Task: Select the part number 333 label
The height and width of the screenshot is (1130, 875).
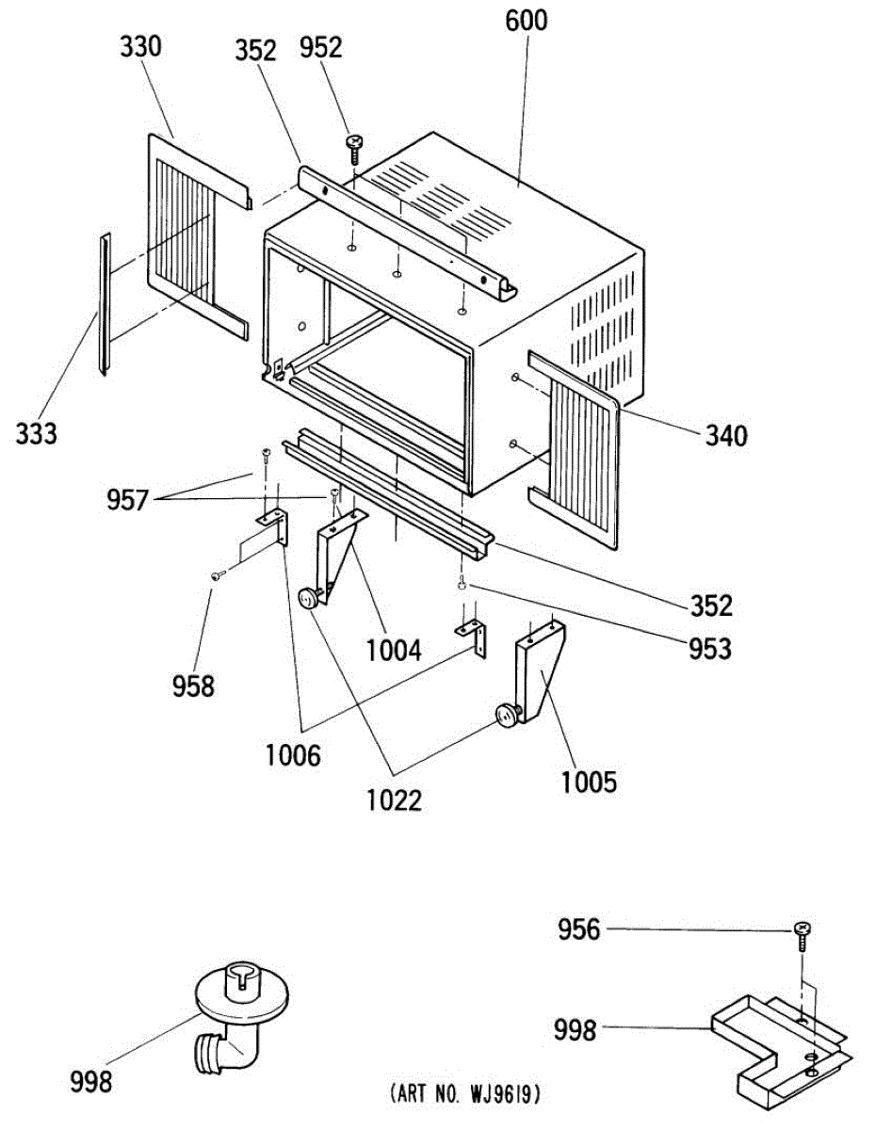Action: [36, 434]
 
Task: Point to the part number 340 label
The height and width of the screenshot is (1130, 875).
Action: [725, 436]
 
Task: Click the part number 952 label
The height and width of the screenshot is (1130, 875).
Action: [321, 47]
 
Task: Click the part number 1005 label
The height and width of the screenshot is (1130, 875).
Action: [589, 782]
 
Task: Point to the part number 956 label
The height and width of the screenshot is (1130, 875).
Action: [578, 930]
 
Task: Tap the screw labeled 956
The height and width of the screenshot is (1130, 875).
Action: [802, 933]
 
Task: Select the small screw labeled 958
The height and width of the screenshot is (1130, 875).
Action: [216, 575]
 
